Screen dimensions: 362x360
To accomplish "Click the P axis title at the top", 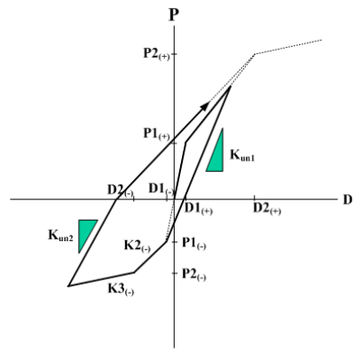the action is click(x=174, y=15).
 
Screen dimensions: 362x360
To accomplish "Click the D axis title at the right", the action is click(x=348, y=200).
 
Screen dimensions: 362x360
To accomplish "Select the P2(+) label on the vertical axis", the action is click(x=156, y=54).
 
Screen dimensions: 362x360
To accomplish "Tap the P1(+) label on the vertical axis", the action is click(x=156, y=134).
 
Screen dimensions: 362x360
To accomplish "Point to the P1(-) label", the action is click(x=194, y=243).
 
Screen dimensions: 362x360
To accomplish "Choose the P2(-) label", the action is click(x=194, y=274).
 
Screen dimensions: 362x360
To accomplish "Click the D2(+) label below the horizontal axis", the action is click(x=267, y=209).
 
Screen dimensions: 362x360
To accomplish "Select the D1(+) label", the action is click(x=199, y=209).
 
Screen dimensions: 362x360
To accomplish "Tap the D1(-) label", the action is click(x=161, y=189).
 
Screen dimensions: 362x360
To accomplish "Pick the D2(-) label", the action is click(x=120, y=191).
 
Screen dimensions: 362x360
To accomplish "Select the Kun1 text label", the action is click(x=242, y=155).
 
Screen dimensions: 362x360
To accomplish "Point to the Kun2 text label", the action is click(x=60, y=236).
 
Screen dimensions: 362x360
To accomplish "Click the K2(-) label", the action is click(x=138, y=246).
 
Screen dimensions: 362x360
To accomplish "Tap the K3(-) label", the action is click(x=121, y=289).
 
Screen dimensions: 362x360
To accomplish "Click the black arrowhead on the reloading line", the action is click(x=206, y=106).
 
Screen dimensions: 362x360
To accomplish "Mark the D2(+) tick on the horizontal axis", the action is click(x=255, y=198).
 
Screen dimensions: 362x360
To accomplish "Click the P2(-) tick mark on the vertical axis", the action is click(x=174, y=273).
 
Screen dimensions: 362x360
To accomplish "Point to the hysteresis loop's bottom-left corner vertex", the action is click(x=68, y=286).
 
